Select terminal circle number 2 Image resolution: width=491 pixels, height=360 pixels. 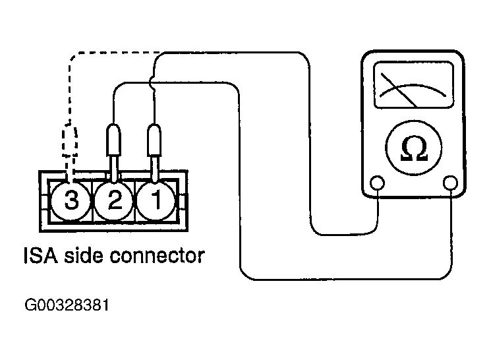point(115,200)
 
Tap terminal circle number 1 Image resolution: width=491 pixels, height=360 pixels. point(156,200)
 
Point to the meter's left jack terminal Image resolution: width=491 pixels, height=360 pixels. point(378,183)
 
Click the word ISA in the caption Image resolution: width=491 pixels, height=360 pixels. point(40,255)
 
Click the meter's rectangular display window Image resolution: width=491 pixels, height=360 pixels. point(413,85)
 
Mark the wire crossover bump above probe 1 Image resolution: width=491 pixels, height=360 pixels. point(153,84)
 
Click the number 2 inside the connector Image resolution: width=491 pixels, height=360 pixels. point(115,200)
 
